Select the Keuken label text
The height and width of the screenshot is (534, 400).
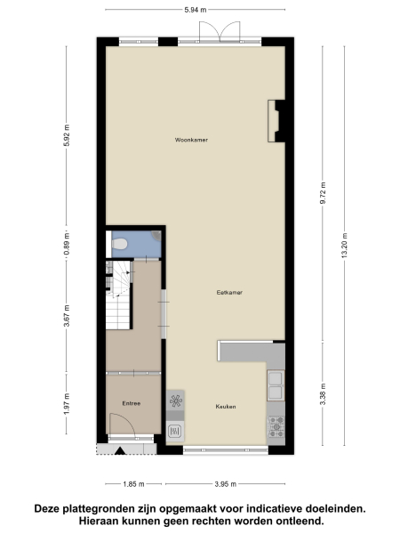[x=225, y=406]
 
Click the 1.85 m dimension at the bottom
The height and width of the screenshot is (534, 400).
[x=133, y=483]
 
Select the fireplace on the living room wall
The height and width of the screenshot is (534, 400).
[x=276, y=119]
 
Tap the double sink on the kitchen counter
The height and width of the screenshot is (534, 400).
[x=275, y=384]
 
